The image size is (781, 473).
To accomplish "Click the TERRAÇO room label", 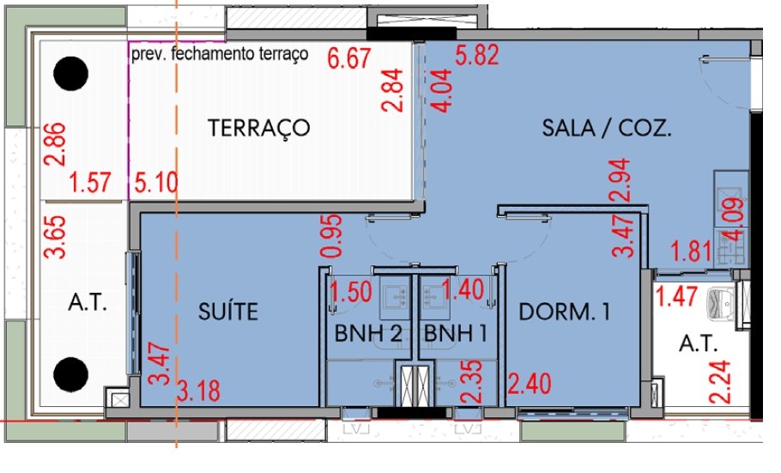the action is coord(258,128).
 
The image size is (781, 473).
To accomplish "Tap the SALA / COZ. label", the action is coord(607,128).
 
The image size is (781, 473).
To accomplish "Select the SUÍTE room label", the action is coord(228,311).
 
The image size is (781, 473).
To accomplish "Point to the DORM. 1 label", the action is coord(565,312).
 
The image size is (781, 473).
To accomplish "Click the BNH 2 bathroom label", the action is coord(368,333).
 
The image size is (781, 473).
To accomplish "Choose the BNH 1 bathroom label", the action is coord(455,333).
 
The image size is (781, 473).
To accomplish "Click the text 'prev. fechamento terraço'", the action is coord(220,54).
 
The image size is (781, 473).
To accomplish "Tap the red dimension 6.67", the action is coord(349,58).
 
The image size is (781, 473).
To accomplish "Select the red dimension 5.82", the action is coord(476,54).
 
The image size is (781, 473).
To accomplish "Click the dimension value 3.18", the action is coord(199,391).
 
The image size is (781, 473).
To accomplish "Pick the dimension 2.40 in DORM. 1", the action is coord(530,384).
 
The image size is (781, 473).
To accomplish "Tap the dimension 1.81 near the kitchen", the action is coord(691,251).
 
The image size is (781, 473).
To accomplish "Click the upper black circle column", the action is coord(70,74).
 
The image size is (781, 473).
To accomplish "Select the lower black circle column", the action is coord(70,374).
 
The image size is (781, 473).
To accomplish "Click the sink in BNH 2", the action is coord(395,298).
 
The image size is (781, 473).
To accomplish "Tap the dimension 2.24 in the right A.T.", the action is coord(720,381).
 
